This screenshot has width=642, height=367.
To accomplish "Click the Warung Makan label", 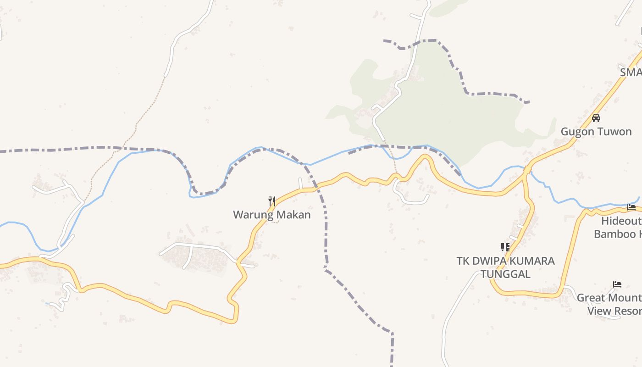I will click(x=271, y=214).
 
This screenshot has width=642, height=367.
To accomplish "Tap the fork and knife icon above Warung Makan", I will click(x=272, y=201).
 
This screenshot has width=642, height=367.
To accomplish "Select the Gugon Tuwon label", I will click(x=596, y=132).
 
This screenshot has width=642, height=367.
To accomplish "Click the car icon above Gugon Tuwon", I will click(x=596, y=118).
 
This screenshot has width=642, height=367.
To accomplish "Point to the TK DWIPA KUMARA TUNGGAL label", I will click(x=505, y=267).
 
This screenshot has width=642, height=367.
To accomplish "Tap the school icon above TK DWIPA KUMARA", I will click(x=505, y=248).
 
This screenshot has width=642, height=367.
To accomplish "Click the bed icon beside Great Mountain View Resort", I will click(x=617, y=284).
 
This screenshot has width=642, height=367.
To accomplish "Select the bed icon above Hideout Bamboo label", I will click(x=631, y=207).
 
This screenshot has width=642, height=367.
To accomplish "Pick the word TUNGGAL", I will click(x=505, y=274).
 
